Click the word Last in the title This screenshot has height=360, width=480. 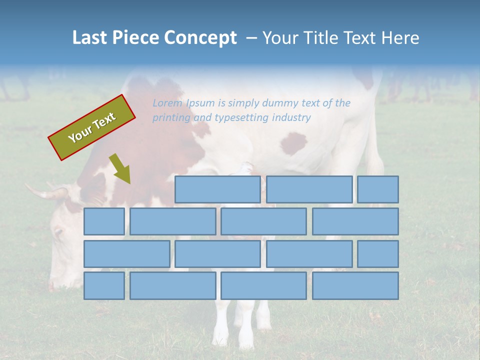tap(90, 38)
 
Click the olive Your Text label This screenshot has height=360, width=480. tap(92, 127)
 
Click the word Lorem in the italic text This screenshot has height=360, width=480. tap(167, 103)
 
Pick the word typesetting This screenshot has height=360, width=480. tap(241, 118)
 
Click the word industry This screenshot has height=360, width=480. tap(291, 118)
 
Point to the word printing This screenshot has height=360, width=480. tap(171, 118)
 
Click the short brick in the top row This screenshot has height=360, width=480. tap(377, 189)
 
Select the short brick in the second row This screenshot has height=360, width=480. tap(104, 221)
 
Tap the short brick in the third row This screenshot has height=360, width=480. tap(377, 254)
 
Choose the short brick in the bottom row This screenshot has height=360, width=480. tap(104, 286)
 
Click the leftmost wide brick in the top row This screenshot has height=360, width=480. tap(217, 189)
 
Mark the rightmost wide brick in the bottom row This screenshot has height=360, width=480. tap(355, 286)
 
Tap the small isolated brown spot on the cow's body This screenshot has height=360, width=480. tap(293, 143)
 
